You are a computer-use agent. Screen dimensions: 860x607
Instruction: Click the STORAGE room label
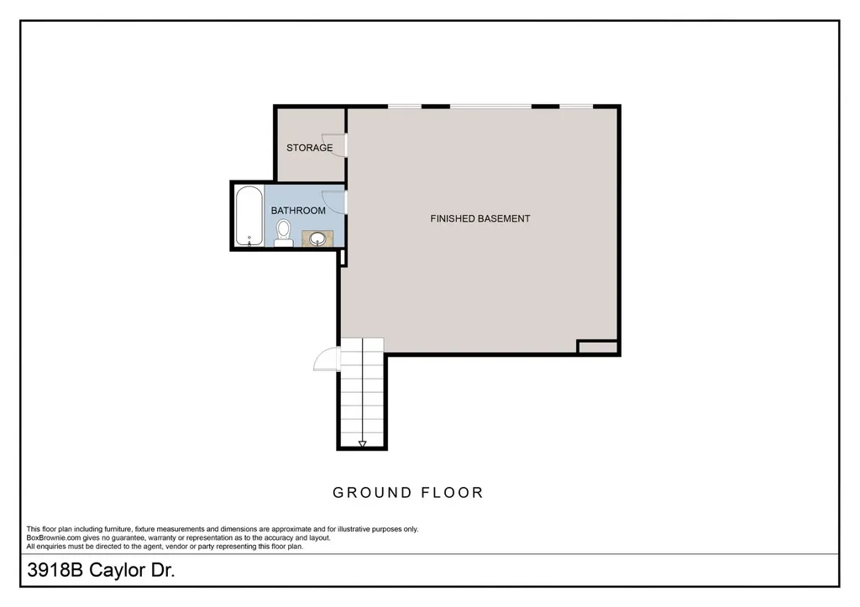[309, 148]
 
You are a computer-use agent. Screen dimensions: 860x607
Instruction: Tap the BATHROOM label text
[298, 211]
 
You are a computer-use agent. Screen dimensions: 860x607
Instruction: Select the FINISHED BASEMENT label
[480, 219]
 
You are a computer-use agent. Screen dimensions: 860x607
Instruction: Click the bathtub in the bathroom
[249, 216]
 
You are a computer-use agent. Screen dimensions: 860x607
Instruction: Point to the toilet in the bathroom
[283, 233]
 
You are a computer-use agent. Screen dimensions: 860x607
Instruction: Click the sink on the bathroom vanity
[317, 239]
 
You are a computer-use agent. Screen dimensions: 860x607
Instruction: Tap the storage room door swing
[333, 144]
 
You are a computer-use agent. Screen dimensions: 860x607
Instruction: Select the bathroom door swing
[333, 201]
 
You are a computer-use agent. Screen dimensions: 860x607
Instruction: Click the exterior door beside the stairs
[327, 359]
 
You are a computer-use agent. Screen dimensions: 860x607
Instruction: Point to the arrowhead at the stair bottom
[362, 443]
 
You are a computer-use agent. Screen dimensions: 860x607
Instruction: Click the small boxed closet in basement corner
[598, 347]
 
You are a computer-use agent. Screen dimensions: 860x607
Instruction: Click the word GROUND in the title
[371, 492]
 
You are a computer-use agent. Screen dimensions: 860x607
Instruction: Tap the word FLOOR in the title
[452, 492]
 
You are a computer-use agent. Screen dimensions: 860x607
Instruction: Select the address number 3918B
[55, 570]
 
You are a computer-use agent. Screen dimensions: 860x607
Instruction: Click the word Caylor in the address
[116, 571]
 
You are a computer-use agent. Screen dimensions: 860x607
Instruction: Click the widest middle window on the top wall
[490, 106]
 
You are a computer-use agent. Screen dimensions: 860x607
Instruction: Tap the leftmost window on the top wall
[405, 106]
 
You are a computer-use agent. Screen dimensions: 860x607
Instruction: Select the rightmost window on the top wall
[576, 106]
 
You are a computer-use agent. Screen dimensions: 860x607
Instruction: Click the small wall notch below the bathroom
[343, 258]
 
